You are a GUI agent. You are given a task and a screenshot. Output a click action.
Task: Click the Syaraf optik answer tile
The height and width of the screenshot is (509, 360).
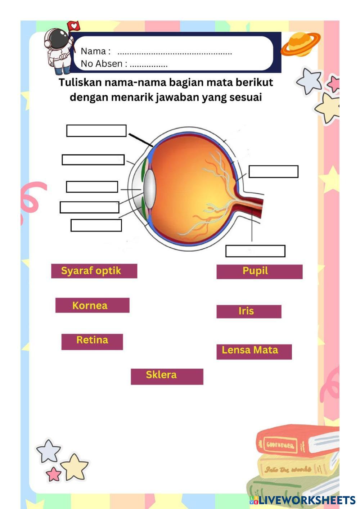click(x=94, y=271)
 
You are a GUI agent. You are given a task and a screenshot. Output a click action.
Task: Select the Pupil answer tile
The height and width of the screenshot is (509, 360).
click(x=259, y=271)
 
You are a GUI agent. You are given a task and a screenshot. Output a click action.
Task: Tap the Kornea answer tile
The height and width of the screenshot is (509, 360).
click(x=92, y=305)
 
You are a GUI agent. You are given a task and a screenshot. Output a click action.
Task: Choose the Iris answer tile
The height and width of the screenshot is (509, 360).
click(x=248, y=311)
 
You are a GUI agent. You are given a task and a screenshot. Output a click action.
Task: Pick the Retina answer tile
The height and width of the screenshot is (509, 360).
click(x=92, y=342)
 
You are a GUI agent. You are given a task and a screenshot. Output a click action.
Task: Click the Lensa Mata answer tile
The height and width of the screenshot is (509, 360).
click(x=254, y=351)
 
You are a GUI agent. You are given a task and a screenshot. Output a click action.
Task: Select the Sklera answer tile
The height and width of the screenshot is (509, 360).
click(x=167, y=376)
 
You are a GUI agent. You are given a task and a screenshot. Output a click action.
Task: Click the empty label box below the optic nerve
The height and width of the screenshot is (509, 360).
click(x=255, y=251)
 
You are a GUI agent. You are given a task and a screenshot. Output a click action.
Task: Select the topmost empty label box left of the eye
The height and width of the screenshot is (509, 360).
click(x=96, y=131)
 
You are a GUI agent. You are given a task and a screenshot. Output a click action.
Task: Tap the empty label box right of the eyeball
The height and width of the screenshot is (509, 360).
click(x=273, y=172)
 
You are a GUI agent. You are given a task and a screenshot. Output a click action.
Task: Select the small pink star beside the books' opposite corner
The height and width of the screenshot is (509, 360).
click(x=54, y=474)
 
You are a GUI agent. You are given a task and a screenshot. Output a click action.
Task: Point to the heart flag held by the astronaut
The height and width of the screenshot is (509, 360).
click(x=73, y=26)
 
